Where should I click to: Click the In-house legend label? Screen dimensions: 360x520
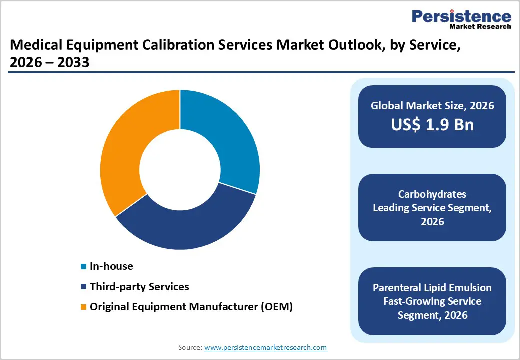pyautogui.click(x=111, y=266)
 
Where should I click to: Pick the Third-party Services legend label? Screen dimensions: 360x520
pyautogui.click(x=139, y=287)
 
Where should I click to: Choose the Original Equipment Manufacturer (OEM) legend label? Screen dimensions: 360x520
pyautogui.click(x=191, y=307)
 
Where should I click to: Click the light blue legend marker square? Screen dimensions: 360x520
pyautogui.click(x=84, y=267)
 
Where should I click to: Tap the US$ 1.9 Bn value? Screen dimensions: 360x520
pyautogui.click(x=432, y=124)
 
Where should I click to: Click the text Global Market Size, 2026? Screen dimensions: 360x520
pyautogui.click(x=432, y=105)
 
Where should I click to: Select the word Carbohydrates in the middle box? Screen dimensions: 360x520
pyautogui.click(x=432, y=194)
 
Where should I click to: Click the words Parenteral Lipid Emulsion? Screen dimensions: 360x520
pyautogui.click(x=432, y=288)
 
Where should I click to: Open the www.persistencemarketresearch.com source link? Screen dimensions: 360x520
pyautogui.click(x=266, y=347)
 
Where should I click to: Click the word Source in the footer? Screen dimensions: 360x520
pyautogui.click(x=190, y=347)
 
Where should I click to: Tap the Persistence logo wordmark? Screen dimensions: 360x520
pyautogui.click(x=461, y=16)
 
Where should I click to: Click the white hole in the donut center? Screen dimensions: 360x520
pyautogui.click(x=180, y=170)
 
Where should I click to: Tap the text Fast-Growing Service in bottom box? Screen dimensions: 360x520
pyautogui.click(x=432, y=301)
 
